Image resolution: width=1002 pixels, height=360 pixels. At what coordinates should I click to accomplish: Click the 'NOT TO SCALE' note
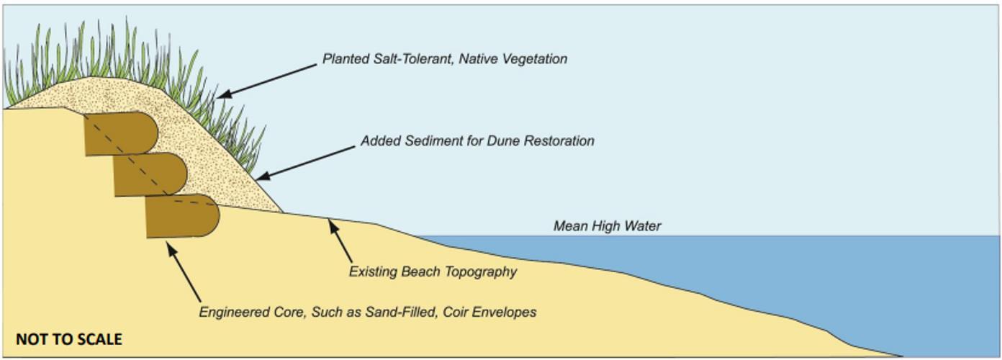(69, 339)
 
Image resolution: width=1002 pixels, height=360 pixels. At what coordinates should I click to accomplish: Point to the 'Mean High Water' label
(607, 226)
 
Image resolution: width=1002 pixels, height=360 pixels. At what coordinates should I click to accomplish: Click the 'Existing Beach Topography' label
(433, 272)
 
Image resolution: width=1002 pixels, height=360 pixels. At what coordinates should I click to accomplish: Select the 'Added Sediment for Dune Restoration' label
(477, 141)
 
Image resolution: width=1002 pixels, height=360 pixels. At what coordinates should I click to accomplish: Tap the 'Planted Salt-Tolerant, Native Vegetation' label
(444, 59)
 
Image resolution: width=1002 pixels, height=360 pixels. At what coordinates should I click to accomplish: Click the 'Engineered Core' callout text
(367, 312)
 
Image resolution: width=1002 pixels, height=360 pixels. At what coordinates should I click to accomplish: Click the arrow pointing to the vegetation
(266, 79)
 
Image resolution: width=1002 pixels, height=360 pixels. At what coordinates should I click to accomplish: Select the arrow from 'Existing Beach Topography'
(341, 241)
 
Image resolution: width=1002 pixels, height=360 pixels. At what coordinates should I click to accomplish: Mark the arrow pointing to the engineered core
(184, 272)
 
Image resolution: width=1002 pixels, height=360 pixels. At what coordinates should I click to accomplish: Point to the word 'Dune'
(510, 141)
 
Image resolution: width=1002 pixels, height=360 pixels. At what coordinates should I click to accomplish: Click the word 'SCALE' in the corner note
(99, 339)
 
